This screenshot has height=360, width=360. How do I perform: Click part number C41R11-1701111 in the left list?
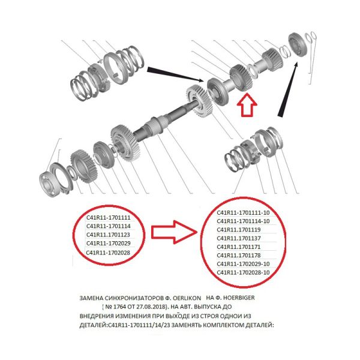109,217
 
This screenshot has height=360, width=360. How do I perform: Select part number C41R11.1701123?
108,235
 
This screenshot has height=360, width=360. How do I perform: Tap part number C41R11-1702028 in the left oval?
108,253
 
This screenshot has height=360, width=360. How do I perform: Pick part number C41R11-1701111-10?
243,213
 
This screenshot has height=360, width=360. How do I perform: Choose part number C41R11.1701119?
239,230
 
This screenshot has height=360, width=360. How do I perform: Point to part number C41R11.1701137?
239,238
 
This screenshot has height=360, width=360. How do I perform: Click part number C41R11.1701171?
239,247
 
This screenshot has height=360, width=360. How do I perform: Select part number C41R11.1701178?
239,256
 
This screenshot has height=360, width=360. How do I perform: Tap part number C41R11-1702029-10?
243,264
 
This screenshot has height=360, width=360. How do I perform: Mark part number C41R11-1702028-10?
243,272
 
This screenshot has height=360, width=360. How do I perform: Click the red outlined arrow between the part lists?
174,232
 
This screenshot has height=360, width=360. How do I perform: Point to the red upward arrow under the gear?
247,104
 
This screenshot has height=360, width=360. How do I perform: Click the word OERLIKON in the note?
187,298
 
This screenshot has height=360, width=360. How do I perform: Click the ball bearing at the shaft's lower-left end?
49,184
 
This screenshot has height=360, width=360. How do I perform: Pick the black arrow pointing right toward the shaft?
175,74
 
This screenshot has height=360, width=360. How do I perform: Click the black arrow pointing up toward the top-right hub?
287,90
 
